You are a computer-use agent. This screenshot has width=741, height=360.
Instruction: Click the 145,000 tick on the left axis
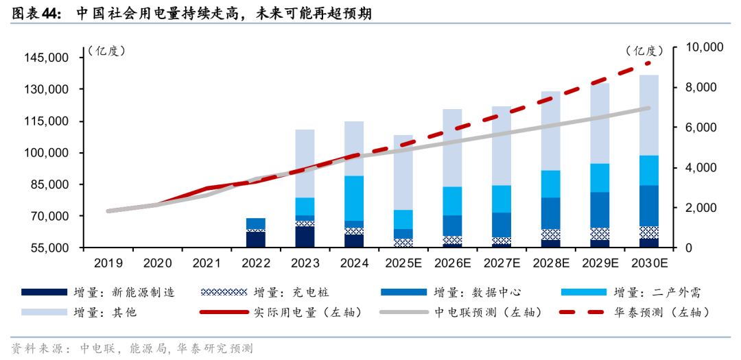(x=48, y=58)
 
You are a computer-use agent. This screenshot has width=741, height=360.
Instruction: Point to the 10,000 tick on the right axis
(x=704, y=47)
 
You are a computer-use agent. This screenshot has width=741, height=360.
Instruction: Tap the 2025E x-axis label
(x=402, y=263)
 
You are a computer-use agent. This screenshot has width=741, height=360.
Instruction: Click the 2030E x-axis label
(x=649, y=263)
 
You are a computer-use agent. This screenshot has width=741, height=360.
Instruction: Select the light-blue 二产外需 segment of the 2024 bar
(x=354, y=198)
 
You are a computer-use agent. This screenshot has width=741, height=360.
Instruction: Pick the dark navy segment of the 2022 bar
(x=255, y=239)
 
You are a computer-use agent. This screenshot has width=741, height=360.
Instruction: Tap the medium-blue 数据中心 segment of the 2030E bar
(x=649, y=206)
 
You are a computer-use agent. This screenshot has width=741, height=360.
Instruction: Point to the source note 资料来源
(x=41, y=348)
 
